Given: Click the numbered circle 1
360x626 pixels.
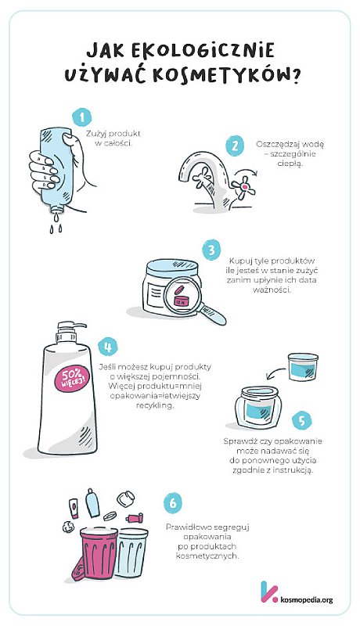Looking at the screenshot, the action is tap(82, 117).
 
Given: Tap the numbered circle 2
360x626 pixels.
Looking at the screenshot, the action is tap(235, 146).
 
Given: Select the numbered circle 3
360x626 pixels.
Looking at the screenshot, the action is tap(211, 251).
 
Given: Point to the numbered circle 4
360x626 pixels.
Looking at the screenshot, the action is tap(107, 346).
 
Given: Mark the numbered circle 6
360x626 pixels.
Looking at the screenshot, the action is tap(172, 503).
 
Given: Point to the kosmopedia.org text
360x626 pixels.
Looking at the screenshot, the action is tap(307, 599).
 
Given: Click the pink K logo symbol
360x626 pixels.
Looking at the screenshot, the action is tap(268, 592).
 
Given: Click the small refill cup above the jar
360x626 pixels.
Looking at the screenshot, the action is tap(304, 366).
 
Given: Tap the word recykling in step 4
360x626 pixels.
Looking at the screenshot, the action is tap(155, 405).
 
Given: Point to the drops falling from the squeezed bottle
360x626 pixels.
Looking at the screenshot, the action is tap(56, 225).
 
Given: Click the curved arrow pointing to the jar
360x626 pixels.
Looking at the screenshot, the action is tap(275, 372).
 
